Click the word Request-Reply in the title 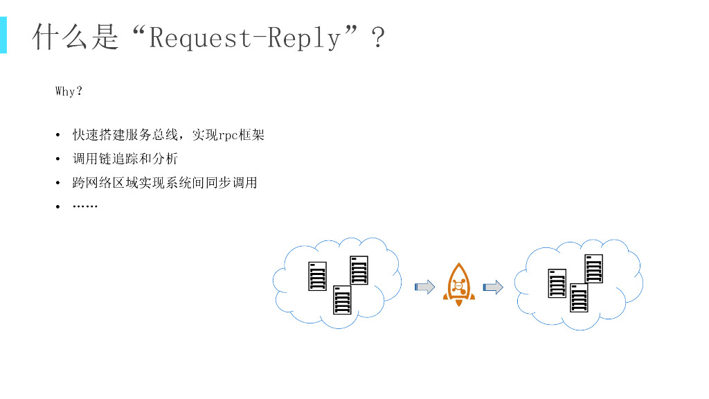pyautogui.click(x=245, y=38)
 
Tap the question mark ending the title pyautogui.click(x=378, y=38)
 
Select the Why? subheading pyautogui.click(x=69, y=91)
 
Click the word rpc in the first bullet pyautogui.click(x=228, y=135)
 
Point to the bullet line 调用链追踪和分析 pyautogui.click(x=125, y=159)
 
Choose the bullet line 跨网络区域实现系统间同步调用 pyautogui.click(x=165, y=183)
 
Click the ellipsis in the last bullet pyautogui.click(x=85, y=206)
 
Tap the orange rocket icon pyautogui.click(x=458, y=285)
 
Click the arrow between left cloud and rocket pyautogui.click(x=424, y=287)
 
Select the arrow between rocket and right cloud pyautogui.click(x=492, y=287)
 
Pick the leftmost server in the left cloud pyautogui.click(x=317, y=276)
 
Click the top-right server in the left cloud pyautogui.click(x=359, y=270)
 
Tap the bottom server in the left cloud pyautogui.click(x=342, y=300)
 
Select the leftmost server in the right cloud pyautogui.click(x=557, y=283)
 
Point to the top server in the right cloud pyautogui.click(x=593, y=269)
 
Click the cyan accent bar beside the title pyautogui.click(x=3, y=35)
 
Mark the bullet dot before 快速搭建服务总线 pyautogui.click(x=58, y=136)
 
